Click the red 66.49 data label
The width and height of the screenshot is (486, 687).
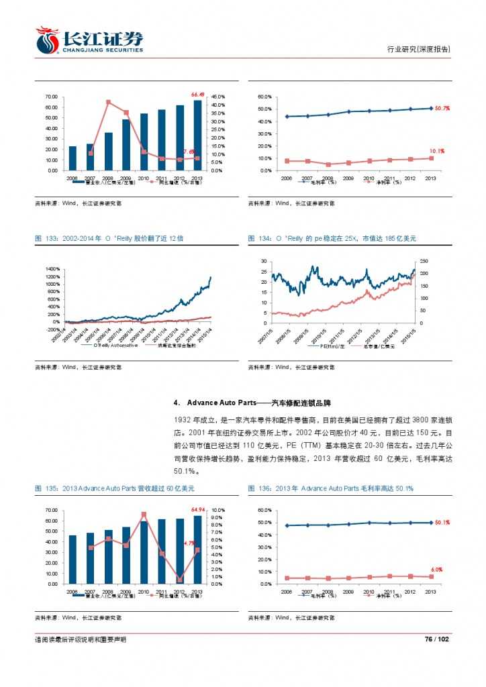click(197, 94)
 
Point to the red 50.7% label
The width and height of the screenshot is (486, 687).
click(442, 108)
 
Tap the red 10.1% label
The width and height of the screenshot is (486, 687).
click(437, 152)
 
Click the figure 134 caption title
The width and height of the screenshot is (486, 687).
click(332, 238)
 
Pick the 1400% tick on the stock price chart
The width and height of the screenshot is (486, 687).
click(52, 268)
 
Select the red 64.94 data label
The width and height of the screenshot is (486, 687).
click(197, 509)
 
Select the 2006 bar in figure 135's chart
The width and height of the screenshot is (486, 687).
click(72, 560)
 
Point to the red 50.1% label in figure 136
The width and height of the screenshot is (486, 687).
click(442, 522)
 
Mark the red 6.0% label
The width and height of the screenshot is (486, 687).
click(436, 569)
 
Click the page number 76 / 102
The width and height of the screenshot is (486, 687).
click(436, 640)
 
